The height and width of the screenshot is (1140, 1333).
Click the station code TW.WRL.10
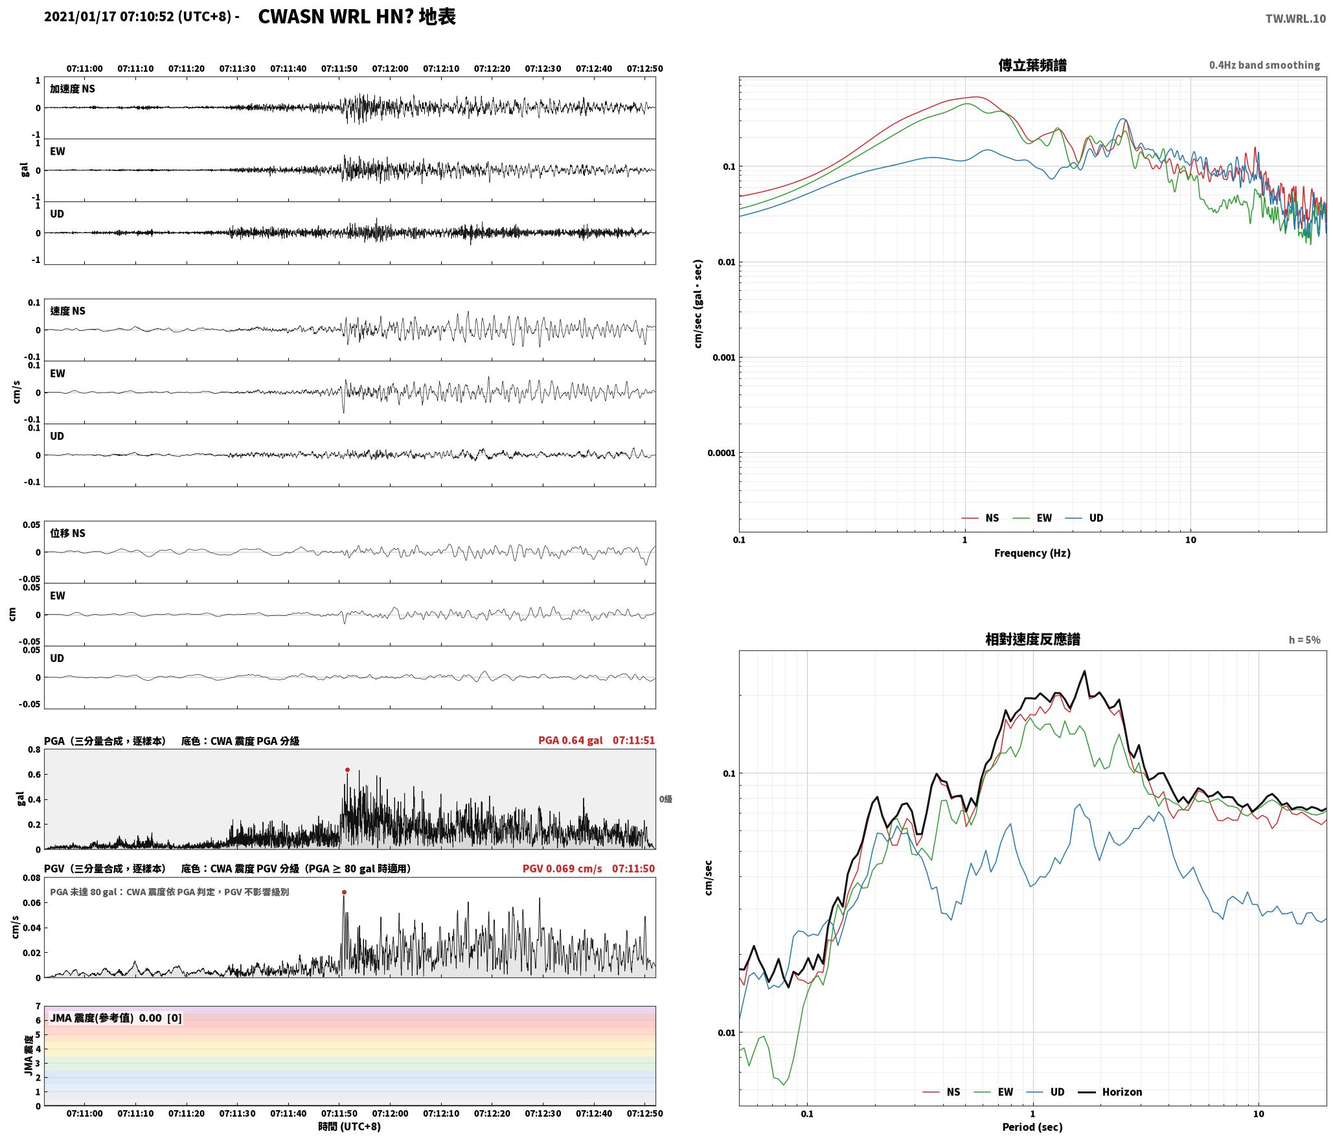coord(1295,19)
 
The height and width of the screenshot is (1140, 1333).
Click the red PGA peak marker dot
coord(347,770)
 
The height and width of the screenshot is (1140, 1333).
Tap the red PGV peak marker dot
coord(344,893)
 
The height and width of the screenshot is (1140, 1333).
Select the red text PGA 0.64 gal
coord(570,740)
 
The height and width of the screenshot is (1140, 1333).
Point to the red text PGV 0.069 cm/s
coord(562,869)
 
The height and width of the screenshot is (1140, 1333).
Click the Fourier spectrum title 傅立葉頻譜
coord(1032,65)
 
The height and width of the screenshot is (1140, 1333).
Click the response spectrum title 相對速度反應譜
coord(1032,639)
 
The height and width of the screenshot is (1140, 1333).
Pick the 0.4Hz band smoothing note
coord(1264,65)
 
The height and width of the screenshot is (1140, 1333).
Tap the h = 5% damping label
coord(1305,640)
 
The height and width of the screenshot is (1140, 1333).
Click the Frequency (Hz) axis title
coord(1032,553)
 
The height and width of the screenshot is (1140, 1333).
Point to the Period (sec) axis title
coord(1032,1128)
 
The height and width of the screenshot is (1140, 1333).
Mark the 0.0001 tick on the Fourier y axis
coord(720,453)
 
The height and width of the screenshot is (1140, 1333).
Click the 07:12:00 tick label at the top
coord(390,69)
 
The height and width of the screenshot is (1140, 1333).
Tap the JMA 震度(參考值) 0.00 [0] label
coord(116,1018)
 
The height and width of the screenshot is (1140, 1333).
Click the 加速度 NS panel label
coord(73,89)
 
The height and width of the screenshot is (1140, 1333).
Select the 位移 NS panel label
coord(68,533)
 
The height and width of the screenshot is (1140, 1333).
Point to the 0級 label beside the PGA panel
coord(666,799)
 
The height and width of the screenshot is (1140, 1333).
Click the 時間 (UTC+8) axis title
coord(350,1127)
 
